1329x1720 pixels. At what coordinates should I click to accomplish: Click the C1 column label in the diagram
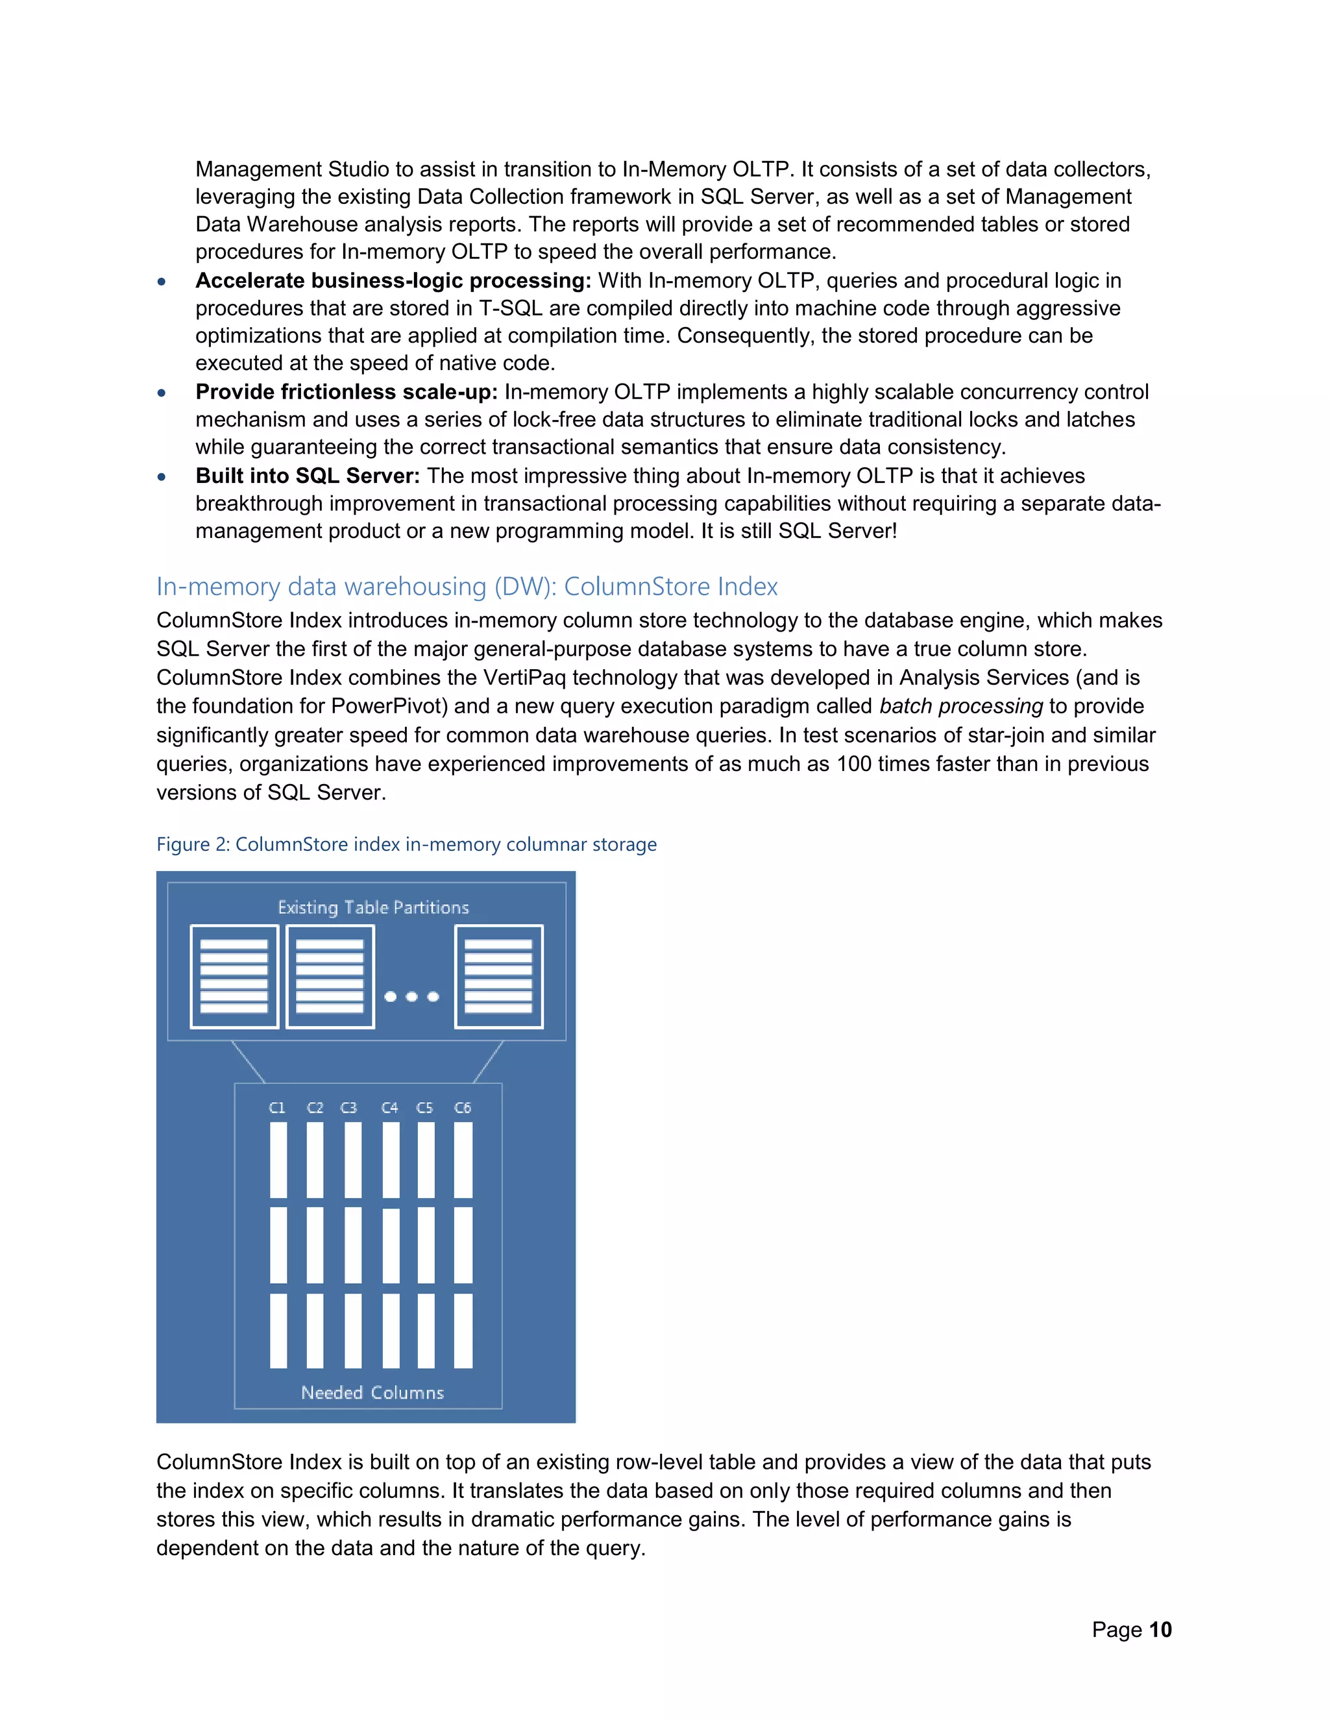coord(277,1107)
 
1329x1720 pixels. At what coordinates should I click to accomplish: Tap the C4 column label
coord(390,1107)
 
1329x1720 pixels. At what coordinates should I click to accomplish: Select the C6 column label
coord(463,1107)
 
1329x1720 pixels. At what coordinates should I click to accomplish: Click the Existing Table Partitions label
coord(373,907)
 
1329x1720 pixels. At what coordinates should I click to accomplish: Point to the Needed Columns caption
coord(372,1392)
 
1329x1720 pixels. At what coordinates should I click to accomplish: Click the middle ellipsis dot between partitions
coord(411,996)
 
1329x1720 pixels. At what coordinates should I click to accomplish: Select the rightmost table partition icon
coord(498,977)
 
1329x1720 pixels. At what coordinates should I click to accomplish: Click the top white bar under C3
coord(353,1159)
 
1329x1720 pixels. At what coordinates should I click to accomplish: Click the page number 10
coord(1160,1629)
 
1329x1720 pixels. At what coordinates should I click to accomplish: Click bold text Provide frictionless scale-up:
coord(347,391)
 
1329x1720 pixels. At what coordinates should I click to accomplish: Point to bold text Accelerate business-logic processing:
coord(393,280)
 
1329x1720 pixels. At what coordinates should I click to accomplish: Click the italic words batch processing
coord(960,706)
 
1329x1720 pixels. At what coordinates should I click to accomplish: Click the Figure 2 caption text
coord(406,844)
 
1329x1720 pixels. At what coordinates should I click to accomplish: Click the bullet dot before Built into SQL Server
coord(162,476)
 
